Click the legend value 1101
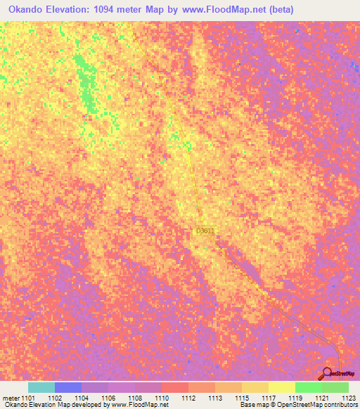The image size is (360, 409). point(28,398)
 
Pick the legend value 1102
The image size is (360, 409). point(55,398)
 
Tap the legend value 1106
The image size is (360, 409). point(108,398)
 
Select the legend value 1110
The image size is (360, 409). point(162,398)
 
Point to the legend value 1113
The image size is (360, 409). point(215,398)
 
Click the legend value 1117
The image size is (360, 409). point(269,398)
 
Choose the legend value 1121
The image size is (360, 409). point(322,398)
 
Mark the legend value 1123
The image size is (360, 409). point(348,398)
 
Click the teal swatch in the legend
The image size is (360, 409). point(41,387)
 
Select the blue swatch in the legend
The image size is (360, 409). point(68,387)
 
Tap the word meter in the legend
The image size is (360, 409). point(11,398)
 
